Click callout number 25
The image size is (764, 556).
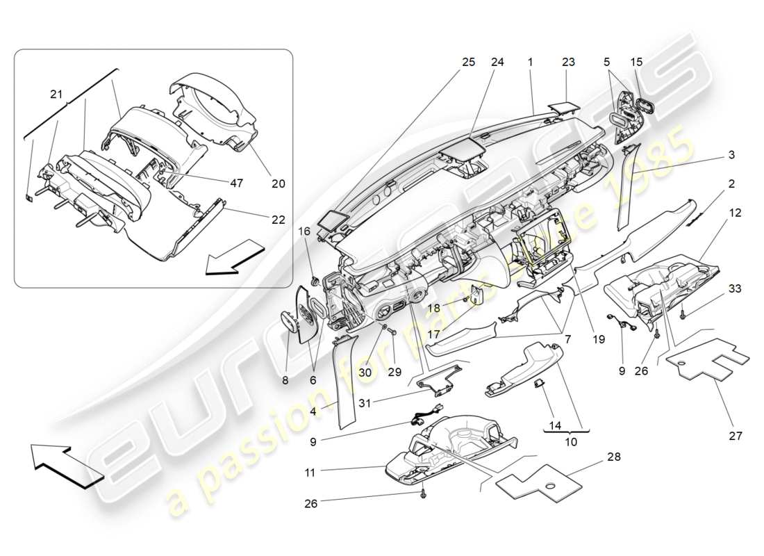click(468, 62)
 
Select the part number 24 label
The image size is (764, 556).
click(497, 62)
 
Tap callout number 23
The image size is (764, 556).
click(568, 62)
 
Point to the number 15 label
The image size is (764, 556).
click(637, 62)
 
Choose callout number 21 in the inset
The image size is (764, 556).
click(56, 94)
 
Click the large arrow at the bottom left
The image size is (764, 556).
click(67, 465)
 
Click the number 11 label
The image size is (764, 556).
click(310, 473)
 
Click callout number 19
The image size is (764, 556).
click(599, 340)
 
